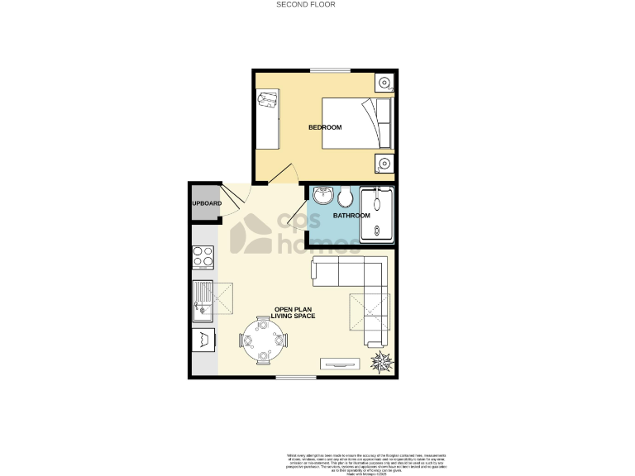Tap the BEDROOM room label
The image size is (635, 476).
click(325, 127)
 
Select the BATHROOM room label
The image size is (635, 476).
click(351, 216)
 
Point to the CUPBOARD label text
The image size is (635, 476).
click(206, 203)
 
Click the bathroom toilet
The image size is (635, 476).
click(345, 198)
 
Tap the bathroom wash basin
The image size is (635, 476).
click(322, 196)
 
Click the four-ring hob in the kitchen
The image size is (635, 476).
click(203, 258)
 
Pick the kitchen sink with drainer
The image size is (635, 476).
click(203, 301)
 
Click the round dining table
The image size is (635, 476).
click(263, 340)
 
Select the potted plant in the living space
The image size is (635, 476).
click(383, 360)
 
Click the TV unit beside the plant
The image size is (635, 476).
click(340, 362)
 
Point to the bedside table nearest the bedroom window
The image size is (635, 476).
click(384, 83)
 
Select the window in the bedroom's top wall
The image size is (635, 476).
click(333, 70)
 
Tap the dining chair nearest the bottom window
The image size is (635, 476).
click(264, 358)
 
